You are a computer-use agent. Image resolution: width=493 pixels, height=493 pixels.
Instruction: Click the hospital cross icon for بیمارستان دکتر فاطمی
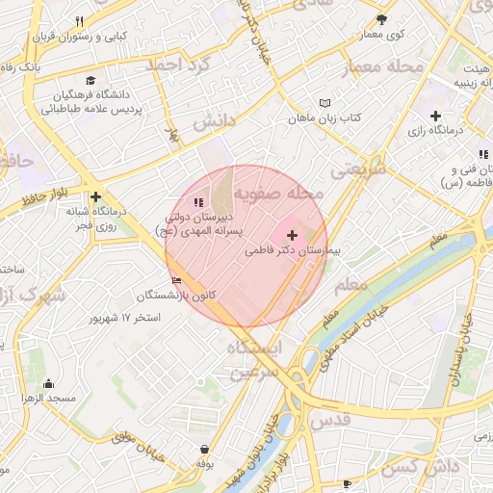point(293,235)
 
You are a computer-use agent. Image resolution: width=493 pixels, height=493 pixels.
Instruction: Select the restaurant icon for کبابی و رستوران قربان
point(80,21)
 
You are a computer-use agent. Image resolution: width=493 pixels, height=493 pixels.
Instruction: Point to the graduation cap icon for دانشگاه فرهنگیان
point(91,81)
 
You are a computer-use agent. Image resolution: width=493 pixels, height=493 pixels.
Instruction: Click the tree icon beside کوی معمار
point(381,19)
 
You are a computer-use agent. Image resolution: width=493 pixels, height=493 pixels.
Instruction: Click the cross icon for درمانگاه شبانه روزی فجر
point(95,196)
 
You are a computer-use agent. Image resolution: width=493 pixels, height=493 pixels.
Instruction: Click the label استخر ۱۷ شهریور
point(126,317)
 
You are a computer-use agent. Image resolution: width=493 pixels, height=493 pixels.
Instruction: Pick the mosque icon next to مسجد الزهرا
point(37,383)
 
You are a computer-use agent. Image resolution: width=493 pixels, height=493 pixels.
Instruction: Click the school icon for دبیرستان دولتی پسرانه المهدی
point(197,202)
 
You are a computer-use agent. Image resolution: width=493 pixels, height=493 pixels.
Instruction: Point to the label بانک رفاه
point(16,67)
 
